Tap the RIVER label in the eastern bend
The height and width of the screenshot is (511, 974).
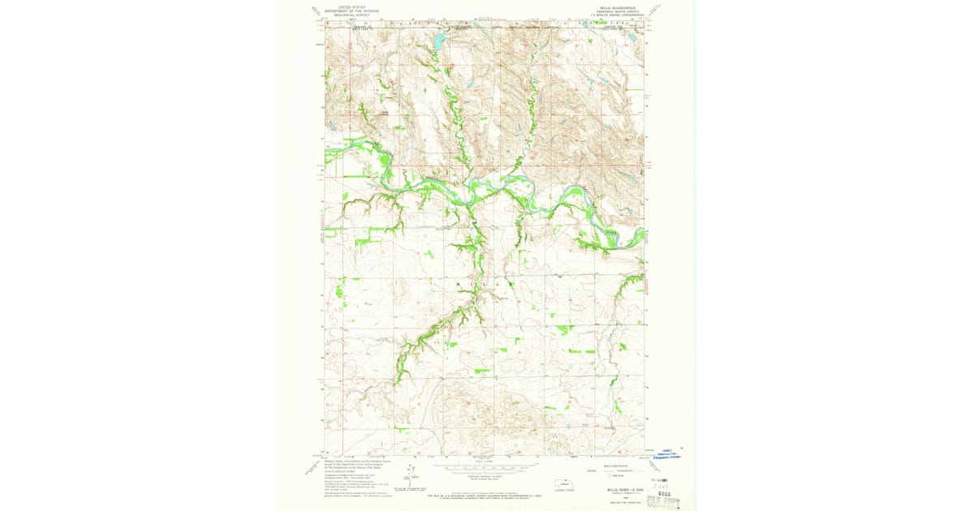pyautogui.click(x=612, y=233)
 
